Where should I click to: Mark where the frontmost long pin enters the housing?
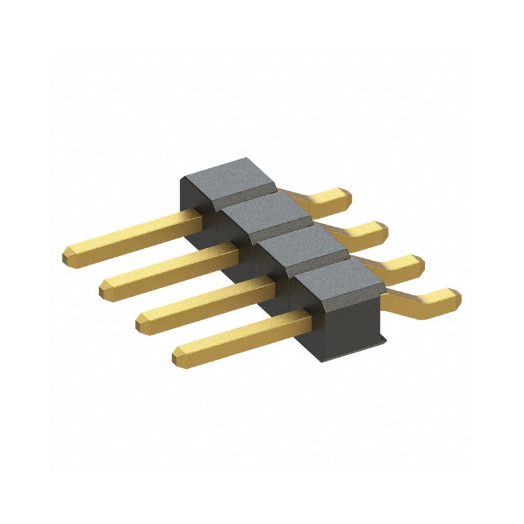pyautogui.click(x=308, y=318)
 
